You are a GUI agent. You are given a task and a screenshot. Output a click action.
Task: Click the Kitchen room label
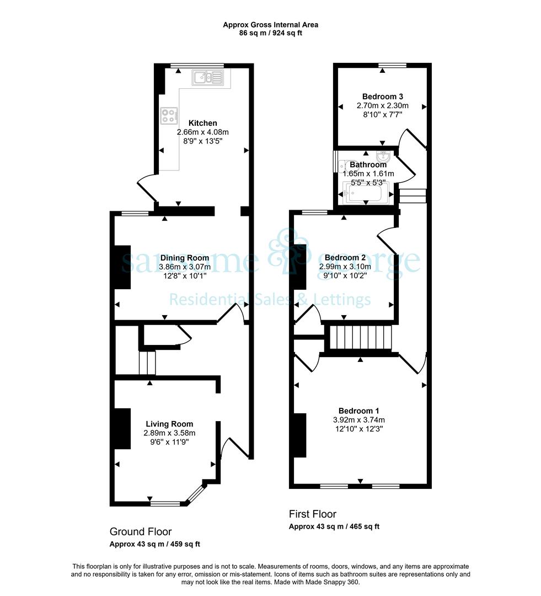pyautogui.click(x=203, y=123)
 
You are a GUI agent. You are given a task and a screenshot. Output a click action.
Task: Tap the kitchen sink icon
pyautogui.click(x=208, y=78)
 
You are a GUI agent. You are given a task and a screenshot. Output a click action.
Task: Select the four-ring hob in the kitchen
pyautogui.click(x=169, y=116)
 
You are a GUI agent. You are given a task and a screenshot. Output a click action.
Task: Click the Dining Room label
pyautogui.click(x=185, y=258)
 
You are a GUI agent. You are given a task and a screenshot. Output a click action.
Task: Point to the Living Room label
pyautogui.click(x=169, y=424)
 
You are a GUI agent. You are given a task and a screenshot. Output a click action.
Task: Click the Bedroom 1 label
pyautogui.click(x=358, y=411)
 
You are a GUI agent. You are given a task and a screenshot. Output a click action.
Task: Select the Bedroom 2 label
pyautogui.click(x=345, y=258)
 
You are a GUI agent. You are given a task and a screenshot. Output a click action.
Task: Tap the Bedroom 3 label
pyautogui.click(x=383, y=97)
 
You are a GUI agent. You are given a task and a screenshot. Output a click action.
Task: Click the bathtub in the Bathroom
pyautogui.click(x=366, y=193)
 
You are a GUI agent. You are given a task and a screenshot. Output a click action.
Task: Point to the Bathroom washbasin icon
pyautogui.click(x=382, y=156)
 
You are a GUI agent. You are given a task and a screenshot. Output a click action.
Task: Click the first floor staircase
pyautogui.click(x=361, y=337)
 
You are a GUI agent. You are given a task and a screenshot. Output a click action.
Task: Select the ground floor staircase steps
pyautogui.click(x=147, y=363)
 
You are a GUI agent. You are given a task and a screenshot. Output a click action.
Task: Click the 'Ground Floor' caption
pyautogui.click(x=141, y=531)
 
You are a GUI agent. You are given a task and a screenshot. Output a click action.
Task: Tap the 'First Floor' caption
pyautogui.click(x=313, y=514)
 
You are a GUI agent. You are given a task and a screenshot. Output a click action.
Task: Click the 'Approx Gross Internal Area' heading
pyautogui.click(x=270, y=25)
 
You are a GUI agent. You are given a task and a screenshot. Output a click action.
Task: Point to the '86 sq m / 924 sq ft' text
pyautogui.click(x=270, y=33)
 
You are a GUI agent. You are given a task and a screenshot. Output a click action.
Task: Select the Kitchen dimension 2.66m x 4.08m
pyautogui.click(x=203, y=132)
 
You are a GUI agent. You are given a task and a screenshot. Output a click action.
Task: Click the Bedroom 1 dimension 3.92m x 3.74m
pyautogui.click(x=358, y=420)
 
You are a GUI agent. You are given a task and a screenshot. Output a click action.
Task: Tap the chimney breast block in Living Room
pyautogui.click(x=123, y=428)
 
